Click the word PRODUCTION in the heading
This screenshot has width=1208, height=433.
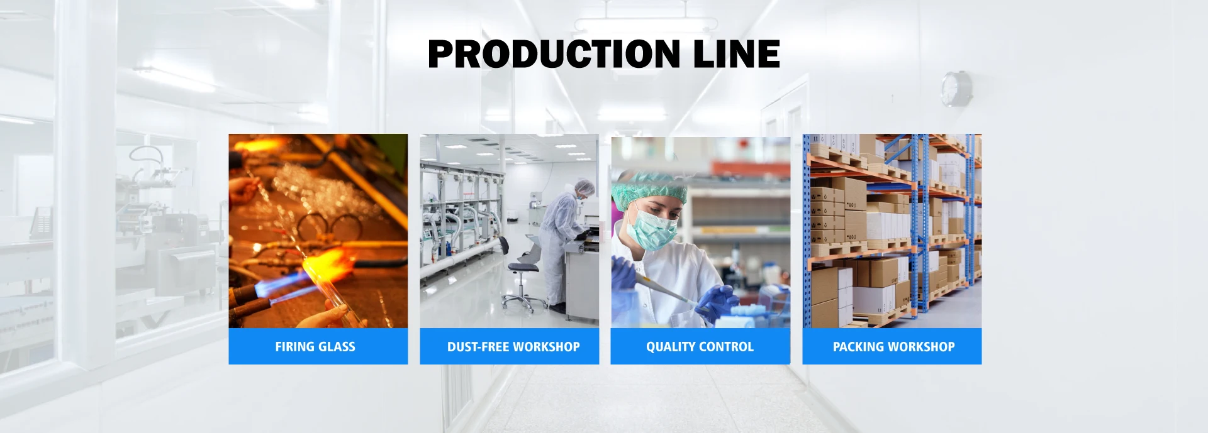pyautogui.click(x=554, y=53)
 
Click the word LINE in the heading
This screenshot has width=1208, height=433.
pyautogui.click(x=737, y=53)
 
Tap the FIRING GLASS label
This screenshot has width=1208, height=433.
pyautogui.click(x=315, y=347)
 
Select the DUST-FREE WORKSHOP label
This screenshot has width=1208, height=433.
pyautogui.click(x=513, y=347)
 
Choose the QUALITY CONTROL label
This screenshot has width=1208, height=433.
pyautogui.click(x=700, y=347)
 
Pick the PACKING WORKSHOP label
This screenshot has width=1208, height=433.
pyautogui.click(x=893, y=347)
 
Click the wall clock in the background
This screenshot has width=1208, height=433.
pyautogui.click(x=956, y=89)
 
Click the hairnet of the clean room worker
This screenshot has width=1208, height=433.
pyautogui.click(x=586, y=187)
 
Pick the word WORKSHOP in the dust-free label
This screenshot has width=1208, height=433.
pyautogui.click(x=547, y=347)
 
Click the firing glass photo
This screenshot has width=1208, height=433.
pyautogui.click(x=318, y=231)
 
